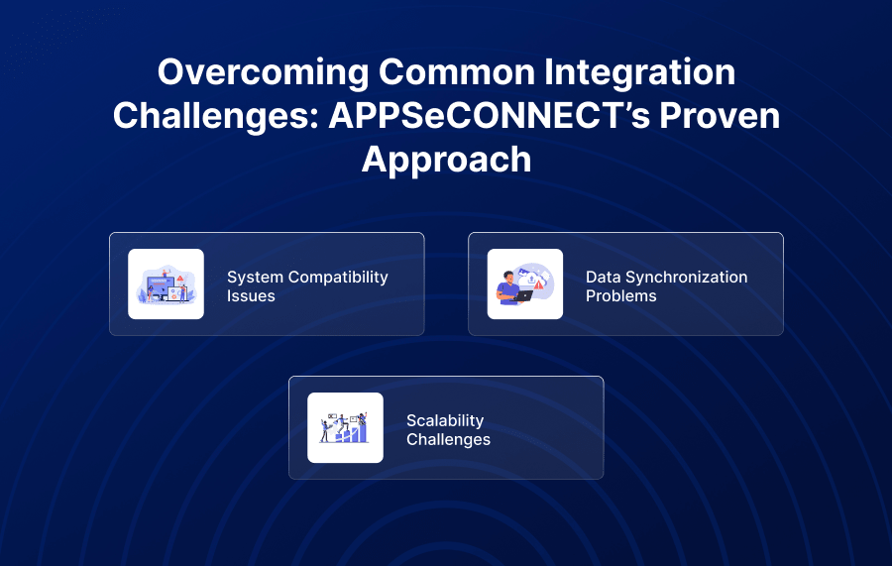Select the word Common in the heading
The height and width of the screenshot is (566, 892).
(456, 71)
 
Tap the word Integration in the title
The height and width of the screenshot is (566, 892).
(639, 72)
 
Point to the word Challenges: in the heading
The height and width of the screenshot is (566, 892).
(216, 116)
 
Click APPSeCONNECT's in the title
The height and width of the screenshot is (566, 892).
(490, 115)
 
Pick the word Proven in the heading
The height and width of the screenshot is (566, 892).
(720, 115)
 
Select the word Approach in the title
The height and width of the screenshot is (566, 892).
(447, 160)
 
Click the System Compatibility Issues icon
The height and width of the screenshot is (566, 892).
(167, 283)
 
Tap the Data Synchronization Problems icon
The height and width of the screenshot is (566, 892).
(525, 283)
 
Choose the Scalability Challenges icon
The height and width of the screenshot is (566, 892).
(345, 428)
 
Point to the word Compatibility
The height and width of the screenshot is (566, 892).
(339, 278)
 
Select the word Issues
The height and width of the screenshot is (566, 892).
(251, 296)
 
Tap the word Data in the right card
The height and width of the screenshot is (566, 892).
(603, 277)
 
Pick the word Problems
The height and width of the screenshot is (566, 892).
(621, 296)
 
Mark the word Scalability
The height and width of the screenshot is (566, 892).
(445, 421)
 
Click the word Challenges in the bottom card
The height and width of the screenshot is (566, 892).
(448, 440)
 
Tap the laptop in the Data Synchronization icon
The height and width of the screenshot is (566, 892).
(523, 295)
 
